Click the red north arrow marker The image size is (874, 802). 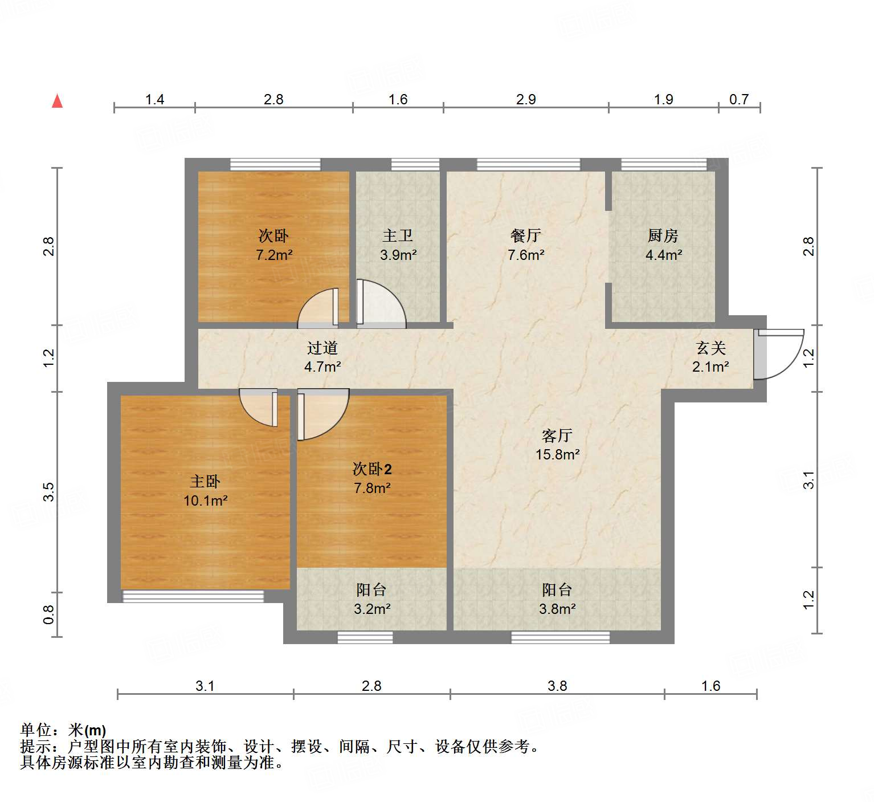[57, 101]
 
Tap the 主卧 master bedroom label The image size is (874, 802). [205, 482]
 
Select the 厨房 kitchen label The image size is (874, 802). [663, 235]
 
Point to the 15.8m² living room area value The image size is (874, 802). [557, 454]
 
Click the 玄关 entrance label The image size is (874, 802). [711, 348]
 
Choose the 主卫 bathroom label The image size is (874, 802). [398, 235]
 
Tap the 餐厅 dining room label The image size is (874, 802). [525, 235]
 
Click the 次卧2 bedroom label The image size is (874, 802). [372, 469]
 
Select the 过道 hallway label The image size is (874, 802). [322, 348]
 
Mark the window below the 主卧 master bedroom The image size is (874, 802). [193, 596]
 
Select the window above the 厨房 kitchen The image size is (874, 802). [663, 165]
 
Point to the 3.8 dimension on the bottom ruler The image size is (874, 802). [557, 686]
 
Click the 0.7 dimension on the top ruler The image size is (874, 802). [739, 100]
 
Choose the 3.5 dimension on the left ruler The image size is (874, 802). [49, 491]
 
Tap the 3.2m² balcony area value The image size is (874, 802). [372, 609]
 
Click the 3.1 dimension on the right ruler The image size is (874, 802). [808, 480]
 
